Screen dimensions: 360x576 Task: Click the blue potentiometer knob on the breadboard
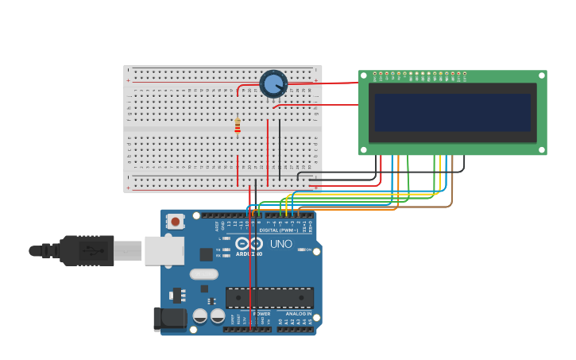tap(273, 83)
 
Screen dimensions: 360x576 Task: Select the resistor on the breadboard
tap(237, 126)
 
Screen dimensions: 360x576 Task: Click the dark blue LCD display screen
tap(452, 112)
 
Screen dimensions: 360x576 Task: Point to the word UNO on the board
tap(280, 244)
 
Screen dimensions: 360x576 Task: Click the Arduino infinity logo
tap(249, 244)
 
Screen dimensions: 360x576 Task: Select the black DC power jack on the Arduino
tap(169, 319)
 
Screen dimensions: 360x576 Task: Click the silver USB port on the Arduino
tap(164, 250)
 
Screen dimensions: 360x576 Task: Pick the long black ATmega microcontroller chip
tap(269, 298)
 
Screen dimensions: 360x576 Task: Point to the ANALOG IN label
tap(298, 314)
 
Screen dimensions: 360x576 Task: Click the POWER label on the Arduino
tap(261, 314)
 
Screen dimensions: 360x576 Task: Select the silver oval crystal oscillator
tap(203, 274)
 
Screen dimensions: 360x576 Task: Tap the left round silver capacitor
tap(200, 315)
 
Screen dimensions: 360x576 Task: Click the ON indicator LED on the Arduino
tap(300, 250)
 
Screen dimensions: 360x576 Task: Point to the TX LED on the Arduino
tap(226, 250)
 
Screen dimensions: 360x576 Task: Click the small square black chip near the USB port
tap(206, 254)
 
